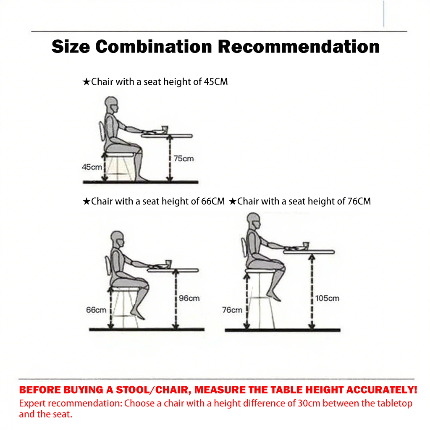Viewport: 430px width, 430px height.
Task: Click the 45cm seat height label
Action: point(92,167)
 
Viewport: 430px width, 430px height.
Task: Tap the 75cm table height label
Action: point(184,158)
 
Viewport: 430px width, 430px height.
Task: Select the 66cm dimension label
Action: point(96,310)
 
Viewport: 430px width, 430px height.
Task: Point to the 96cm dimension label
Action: point(189,298)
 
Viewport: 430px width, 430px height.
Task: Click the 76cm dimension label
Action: point(232,310)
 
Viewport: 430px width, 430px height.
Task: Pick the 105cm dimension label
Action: point(327,298)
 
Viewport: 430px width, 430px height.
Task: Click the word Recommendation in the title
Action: point(299,46)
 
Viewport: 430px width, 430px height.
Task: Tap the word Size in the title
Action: point(71,46)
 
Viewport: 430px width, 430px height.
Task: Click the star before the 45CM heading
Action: point(87,82)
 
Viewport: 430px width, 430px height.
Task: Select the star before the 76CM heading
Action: point(233,201)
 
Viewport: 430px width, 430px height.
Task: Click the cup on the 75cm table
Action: point(165,130)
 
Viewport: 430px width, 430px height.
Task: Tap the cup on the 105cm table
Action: point(306,246)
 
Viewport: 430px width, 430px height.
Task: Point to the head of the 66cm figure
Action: point(118,239)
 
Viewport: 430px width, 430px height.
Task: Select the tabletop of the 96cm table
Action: point(173,270)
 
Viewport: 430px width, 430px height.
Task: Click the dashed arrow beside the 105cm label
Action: point(312,291)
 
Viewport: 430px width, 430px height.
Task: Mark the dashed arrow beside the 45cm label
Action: point(104,167)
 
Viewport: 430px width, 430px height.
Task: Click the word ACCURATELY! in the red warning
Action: point(382,390)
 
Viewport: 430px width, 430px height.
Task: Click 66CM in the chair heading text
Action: point(213,201)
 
